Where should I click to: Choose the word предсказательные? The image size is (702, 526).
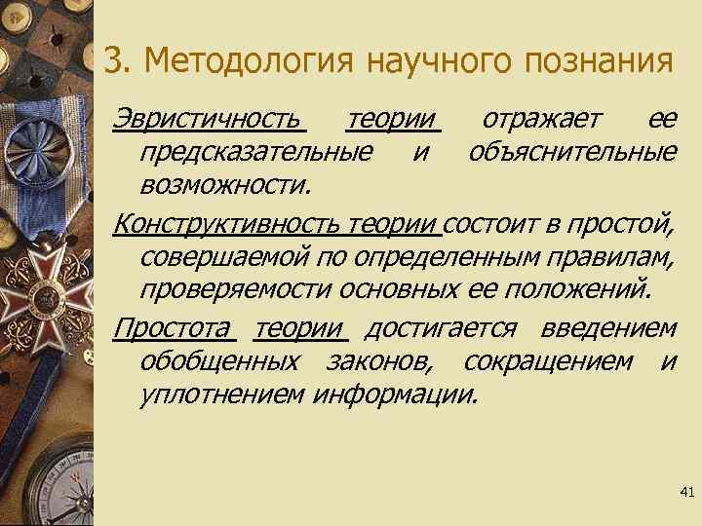click(255, 151)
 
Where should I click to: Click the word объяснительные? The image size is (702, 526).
click(572, 151)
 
